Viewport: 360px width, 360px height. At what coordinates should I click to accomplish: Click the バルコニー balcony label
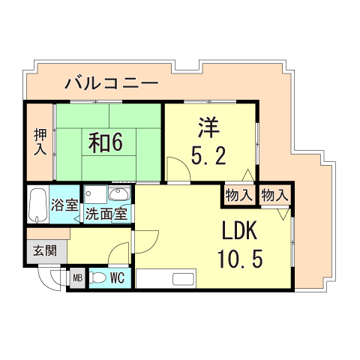click(x=110, y=82)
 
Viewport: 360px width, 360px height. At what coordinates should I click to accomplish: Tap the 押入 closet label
click(x=40, y=142)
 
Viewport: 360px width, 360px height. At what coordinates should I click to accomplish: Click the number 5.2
click(x=209, y=157)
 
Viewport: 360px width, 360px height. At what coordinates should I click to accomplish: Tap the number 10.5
click(x=239, y=259)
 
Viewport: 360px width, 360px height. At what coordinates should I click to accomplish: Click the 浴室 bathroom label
click(x=64, y=203)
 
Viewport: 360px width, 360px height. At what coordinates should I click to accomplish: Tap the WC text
click(x=117, y=277)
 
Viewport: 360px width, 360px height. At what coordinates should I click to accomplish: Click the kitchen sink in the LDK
click(x=183, y=280)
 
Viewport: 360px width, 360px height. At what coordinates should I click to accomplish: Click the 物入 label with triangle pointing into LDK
click(x=274, y=195)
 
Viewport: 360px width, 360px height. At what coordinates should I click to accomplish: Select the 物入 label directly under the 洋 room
click(x=238, y=195)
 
